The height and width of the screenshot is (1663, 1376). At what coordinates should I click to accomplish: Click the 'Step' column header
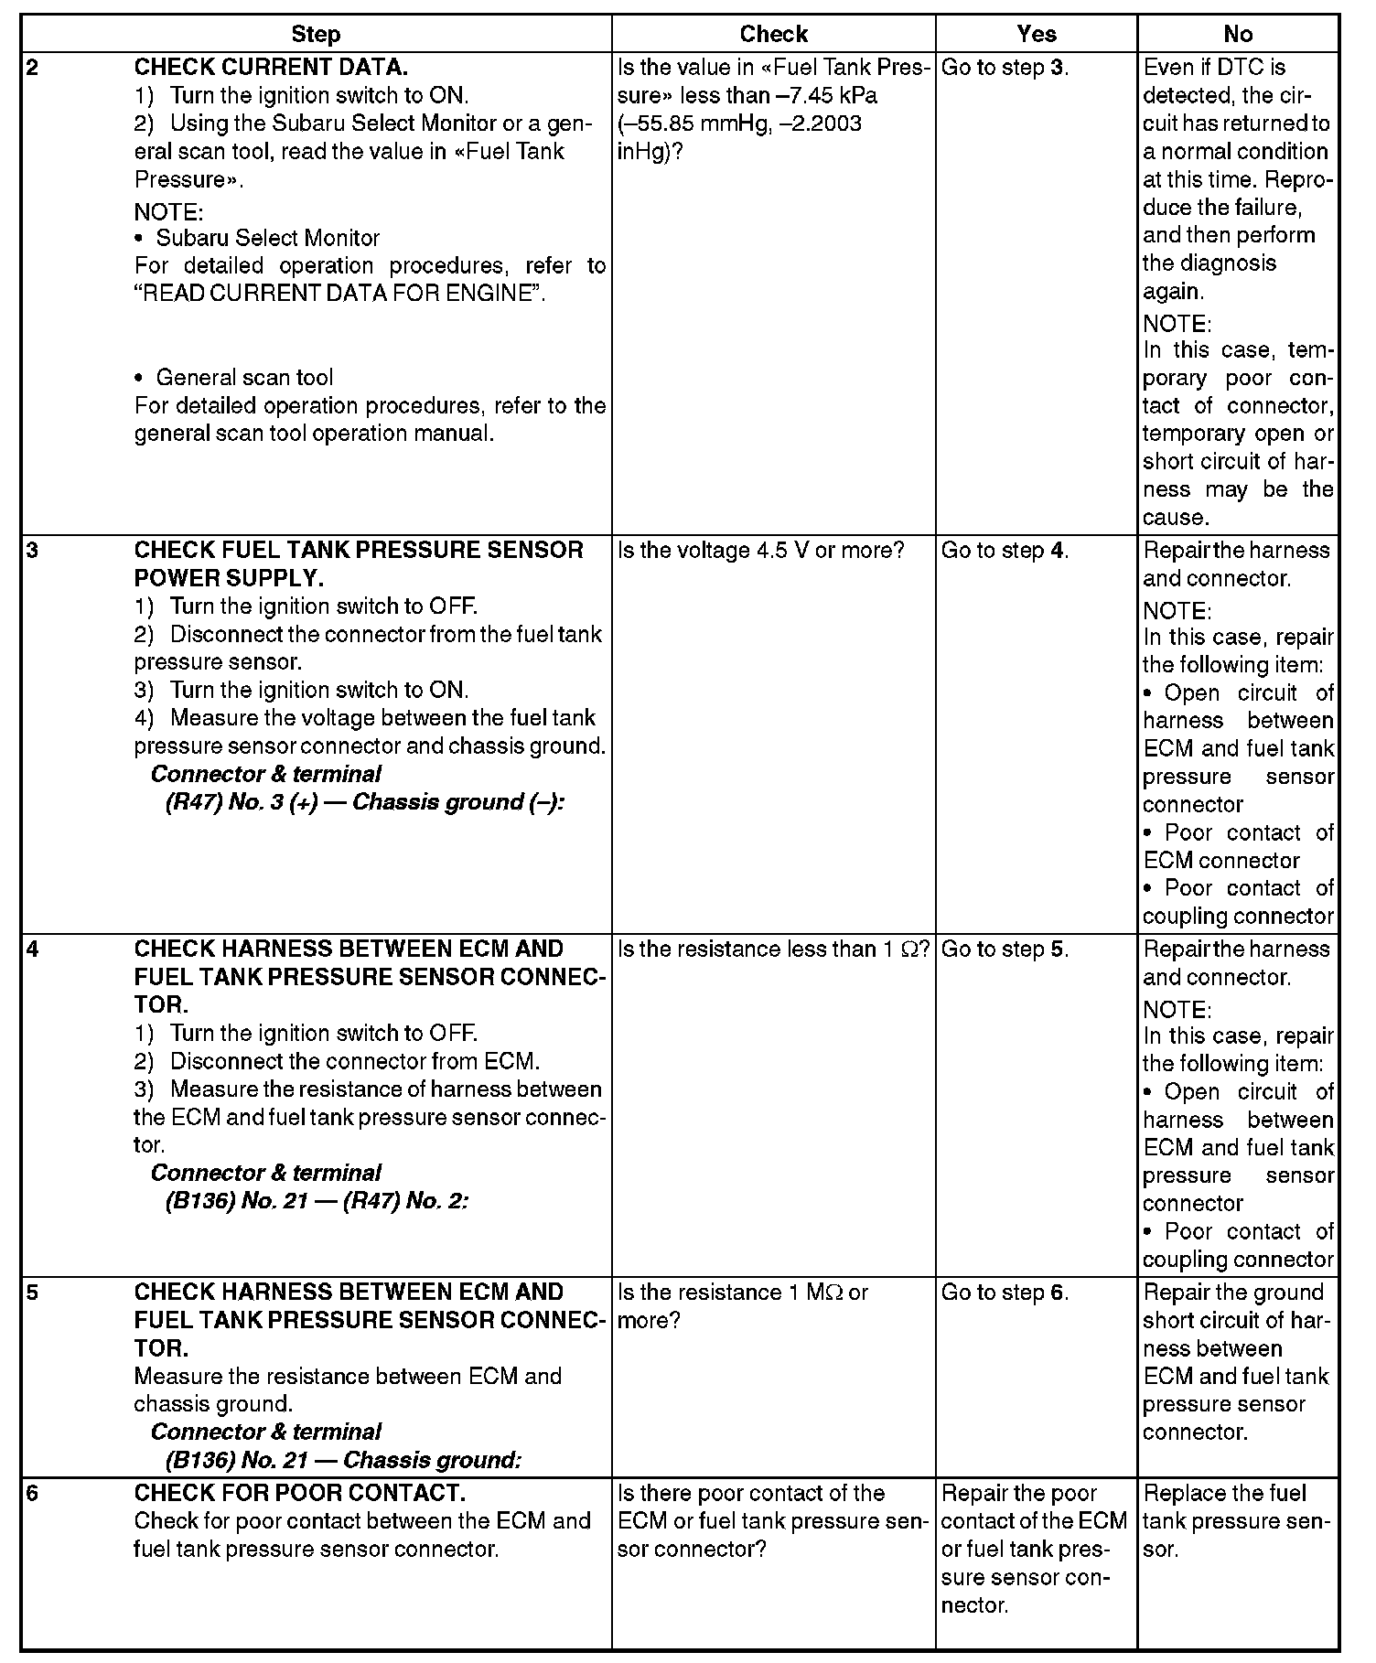(x=316, y=35)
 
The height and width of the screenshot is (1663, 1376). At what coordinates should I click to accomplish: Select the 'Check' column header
(x=773, y=35)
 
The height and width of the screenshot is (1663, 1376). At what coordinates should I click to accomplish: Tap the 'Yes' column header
(x=1036, y=35)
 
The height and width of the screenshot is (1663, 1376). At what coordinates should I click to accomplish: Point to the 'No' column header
(x=1237, y=35)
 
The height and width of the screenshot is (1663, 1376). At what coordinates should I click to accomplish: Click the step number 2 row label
(x=33, y=68)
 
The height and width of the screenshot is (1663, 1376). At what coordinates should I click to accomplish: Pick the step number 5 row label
(x=33, y=1293)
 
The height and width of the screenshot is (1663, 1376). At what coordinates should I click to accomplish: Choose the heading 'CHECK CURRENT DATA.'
(x=271, y=68)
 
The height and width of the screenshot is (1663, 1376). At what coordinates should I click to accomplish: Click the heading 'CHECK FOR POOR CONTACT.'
(x=300, y=1494)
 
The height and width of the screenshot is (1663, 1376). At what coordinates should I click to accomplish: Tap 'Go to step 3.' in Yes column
(x=1005, y=68)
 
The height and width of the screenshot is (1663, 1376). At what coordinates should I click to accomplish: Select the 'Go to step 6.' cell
(x=1005, y=1293)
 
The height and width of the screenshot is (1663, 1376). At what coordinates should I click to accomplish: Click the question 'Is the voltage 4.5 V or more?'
(x=761, y=551)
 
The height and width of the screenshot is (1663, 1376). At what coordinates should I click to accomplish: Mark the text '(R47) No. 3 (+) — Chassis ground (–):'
(x=365, y=802)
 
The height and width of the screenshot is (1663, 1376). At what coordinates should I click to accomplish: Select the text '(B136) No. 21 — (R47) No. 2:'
(x=317, y=1201)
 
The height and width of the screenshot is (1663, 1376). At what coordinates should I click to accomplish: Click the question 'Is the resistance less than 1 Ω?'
(x=774, y=950)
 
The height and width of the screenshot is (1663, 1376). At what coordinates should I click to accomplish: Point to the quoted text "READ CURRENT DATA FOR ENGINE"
(x=339, y=295)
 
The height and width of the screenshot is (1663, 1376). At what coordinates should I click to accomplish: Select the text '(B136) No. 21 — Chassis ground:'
(x=343, y=1460)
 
